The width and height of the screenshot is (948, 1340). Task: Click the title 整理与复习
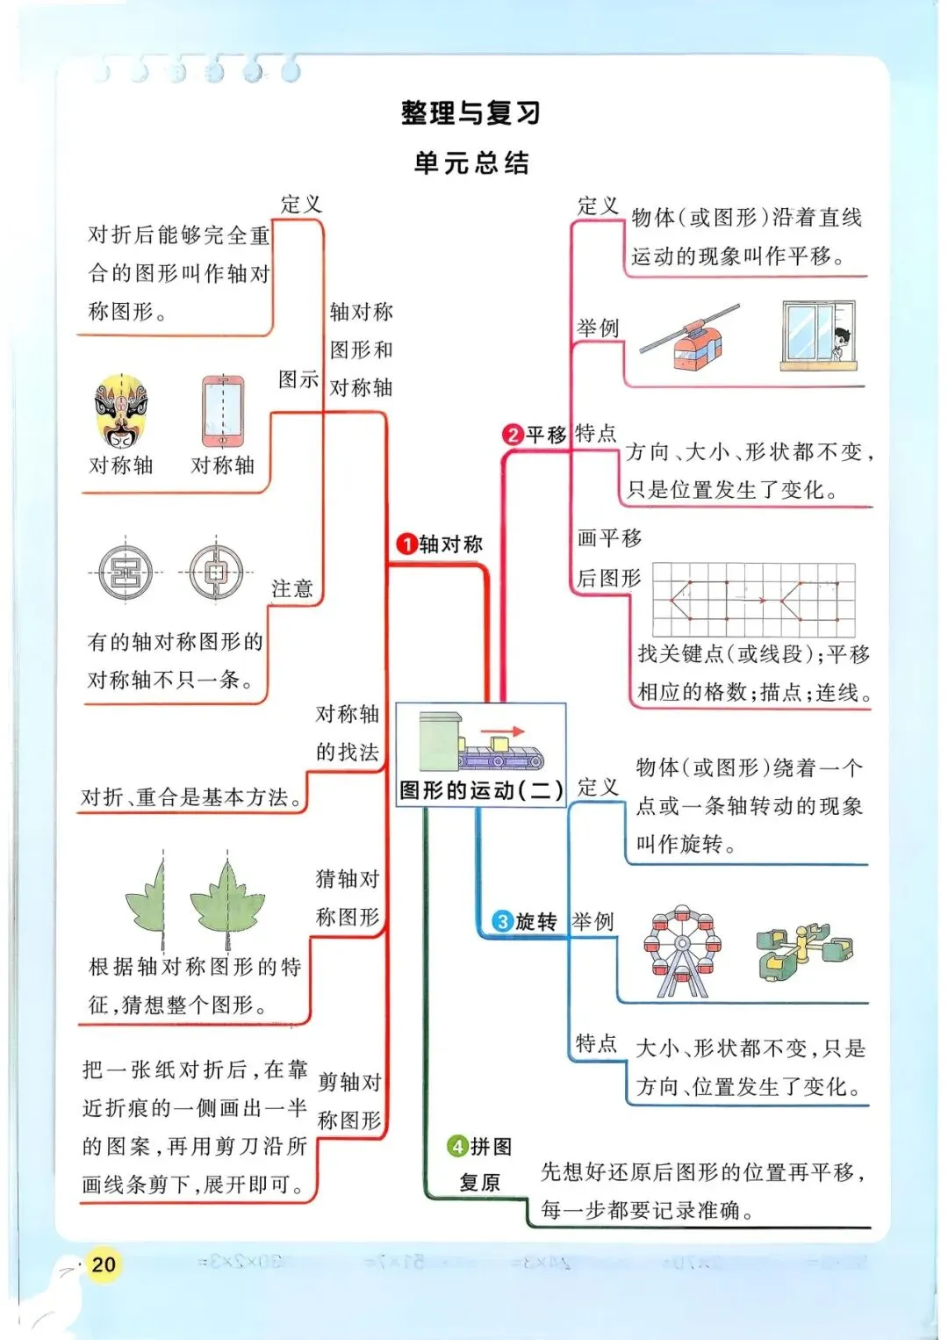(470, 113)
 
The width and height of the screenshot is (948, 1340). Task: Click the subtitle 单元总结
(471, 163)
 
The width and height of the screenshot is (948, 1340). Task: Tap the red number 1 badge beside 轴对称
(406, 544)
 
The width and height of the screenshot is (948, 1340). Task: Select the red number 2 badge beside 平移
(513, 435)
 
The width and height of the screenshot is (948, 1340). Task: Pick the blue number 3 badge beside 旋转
(502, 921)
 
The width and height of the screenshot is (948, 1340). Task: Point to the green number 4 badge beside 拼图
(457, 1146)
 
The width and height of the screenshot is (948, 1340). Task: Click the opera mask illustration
(121, 411)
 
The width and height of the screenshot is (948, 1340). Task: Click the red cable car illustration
(696, 342)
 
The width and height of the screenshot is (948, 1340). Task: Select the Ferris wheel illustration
(681, 954)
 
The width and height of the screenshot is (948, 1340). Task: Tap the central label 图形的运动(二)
(481, 790)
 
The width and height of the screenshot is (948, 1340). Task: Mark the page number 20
(104, 1264)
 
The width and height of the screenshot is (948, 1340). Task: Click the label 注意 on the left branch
(292, 588)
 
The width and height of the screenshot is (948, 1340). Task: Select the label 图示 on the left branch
(298, 379)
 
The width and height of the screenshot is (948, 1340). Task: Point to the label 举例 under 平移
(598, 328)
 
